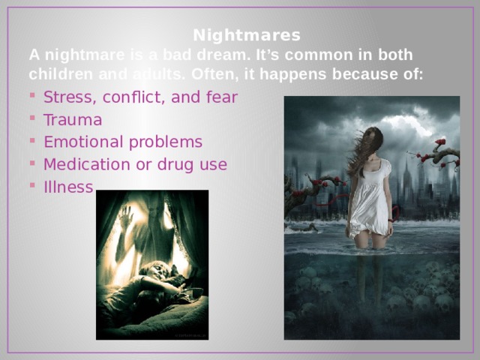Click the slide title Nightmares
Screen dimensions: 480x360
247,35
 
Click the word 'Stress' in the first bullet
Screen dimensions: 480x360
68,97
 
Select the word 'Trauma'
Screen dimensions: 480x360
73,120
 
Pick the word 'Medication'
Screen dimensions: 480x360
87,164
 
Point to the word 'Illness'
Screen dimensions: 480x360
68,187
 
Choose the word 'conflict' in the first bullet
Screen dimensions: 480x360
134,97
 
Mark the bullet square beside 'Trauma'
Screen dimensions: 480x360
32,117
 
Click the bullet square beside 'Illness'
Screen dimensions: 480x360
32,184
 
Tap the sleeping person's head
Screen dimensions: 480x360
155,270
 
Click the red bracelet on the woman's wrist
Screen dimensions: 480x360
390,220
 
